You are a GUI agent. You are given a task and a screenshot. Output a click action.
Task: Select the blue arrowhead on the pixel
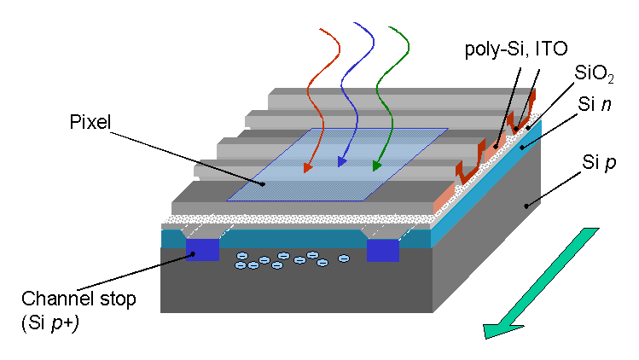[341, 160]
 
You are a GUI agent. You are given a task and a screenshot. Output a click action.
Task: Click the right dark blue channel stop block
[383, 250]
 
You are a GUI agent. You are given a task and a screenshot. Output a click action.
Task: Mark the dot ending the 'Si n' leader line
[521, 146]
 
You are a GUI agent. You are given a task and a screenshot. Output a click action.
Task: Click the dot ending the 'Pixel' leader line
[262, 183]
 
